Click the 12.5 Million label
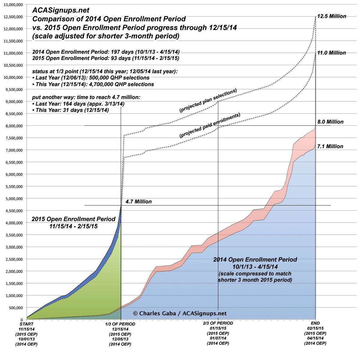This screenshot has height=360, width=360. click(x=331, y=16)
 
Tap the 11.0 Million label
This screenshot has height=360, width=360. click(x=331, y=53)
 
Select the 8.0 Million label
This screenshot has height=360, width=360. click(x=330, y=122)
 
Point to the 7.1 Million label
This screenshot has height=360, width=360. click(x=330, y=146)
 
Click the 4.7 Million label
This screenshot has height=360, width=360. click(x=139, y=202)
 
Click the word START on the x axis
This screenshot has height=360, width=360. click(x=26, y=324)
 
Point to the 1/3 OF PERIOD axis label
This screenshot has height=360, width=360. click(x=120, y=324)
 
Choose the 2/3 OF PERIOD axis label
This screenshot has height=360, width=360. click(x=218, y=323)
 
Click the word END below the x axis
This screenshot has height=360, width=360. click(x=315, y=323)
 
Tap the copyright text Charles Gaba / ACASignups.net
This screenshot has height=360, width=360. click(x=180, y=313)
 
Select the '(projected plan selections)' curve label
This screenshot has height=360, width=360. click(x=208, y=100)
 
